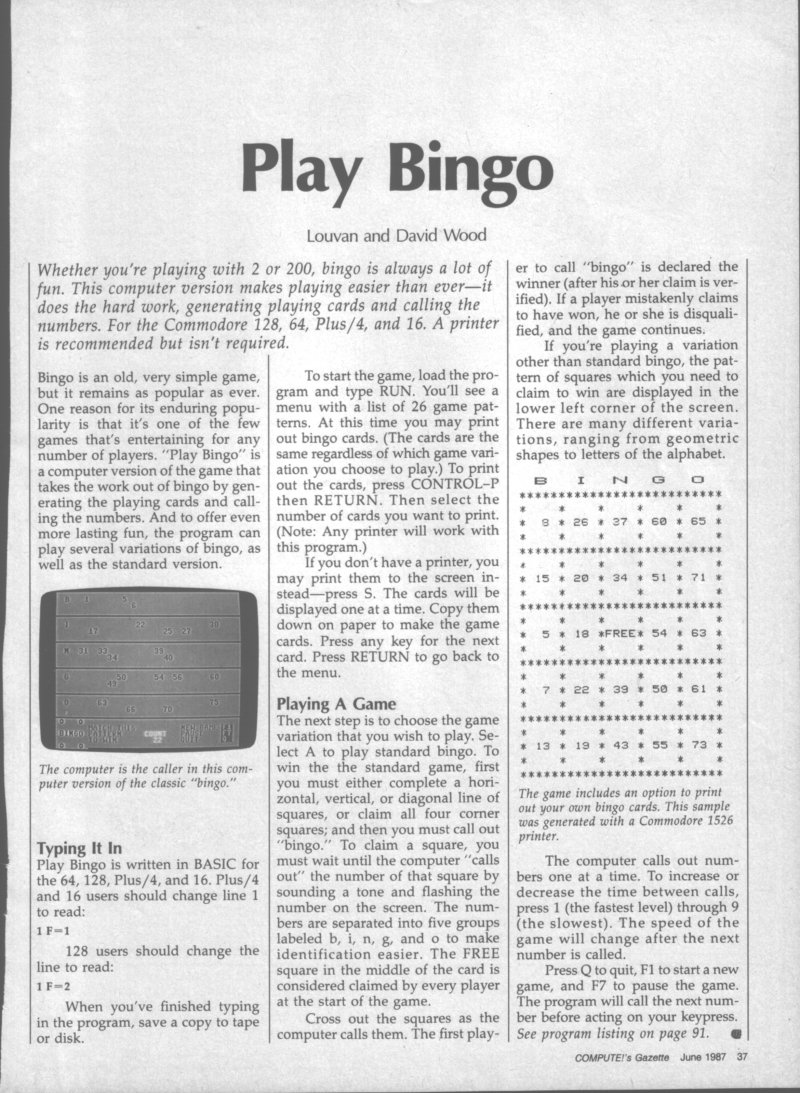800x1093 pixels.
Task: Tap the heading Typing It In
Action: [78, 846]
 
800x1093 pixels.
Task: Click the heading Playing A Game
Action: [336, 703]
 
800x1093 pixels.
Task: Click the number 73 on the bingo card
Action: [697, 746]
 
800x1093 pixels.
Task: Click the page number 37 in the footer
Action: [742, 1059]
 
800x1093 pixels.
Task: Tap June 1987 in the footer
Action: [698, 1059]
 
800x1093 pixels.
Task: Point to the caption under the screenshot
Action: [140, 776]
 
